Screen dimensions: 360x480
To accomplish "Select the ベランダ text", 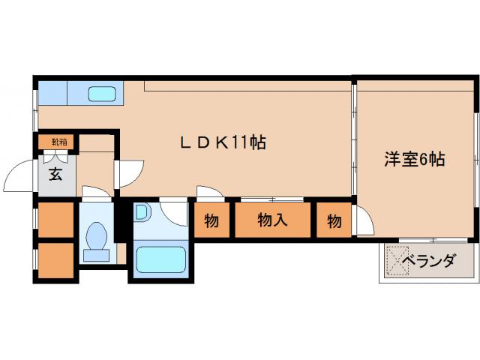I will click(x=428, y=261).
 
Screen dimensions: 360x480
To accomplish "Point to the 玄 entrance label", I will click(x=55, y=175).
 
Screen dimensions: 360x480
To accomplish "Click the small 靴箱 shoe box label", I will click(x=58, y=141).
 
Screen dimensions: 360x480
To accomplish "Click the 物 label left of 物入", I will click(x=211, y=221).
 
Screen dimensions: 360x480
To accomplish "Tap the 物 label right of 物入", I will click(x=333, y=221).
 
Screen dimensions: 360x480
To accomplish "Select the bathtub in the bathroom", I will click(x=161, y=259).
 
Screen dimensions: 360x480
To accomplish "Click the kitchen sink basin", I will click(x=101, y=94).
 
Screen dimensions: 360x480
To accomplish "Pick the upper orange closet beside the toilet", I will click(x=55, y=220).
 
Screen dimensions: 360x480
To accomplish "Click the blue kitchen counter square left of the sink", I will click(x=52, y=93).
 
